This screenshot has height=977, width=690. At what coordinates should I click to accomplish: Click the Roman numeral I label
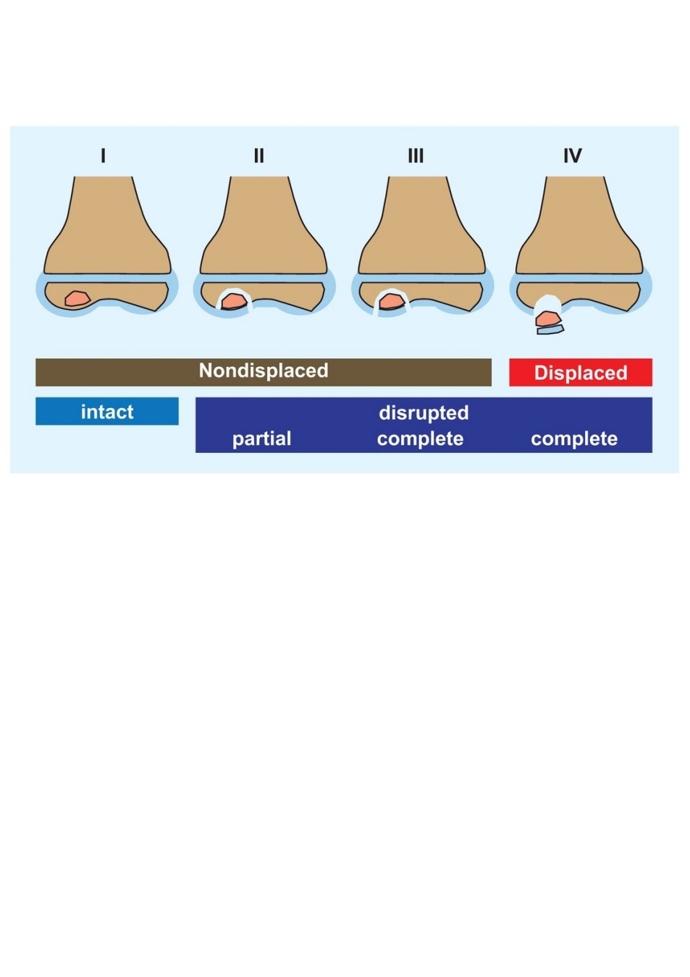pos(103,156)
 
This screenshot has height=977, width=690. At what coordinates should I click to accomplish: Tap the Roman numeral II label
pos(258,156)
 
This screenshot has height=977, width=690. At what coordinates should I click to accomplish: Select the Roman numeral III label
pos(416,156)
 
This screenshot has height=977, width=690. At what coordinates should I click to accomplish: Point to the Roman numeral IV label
pos(573,156)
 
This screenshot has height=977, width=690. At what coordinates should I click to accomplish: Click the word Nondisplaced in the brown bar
pos(264,371)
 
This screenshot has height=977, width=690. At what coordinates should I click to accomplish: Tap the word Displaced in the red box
pos(581,373)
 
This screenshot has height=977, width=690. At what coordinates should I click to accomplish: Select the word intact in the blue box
pos(107,412)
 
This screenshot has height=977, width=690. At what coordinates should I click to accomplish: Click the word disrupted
pos(424,413)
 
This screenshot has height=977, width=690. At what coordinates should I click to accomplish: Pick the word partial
pos(262,439)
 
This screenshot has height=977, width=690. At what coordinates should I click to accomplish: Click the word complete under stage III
pos(420,439)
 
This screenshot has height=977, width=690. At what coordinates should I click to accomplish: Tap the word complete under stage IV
pos(574,439)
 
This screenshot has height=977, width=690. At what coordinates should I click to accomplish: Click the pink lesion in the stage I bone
pos(77,299)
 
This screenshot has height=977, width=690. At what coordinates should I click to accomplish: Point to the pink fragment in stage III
pos(392,301)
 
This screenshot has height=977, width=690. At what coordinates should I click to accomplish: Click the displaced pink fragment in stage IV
pos(547,318)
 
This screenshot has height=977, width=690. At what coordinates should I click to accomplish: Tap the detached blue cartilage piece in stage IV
pos(550,330)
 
